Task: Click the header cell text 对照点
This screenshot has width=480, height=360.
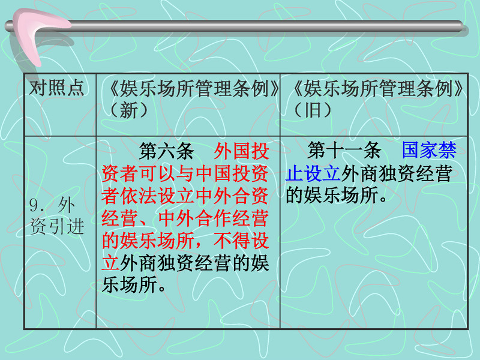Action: (56, 88)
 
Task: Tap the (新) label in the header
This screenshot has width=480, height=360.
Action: (128, 110)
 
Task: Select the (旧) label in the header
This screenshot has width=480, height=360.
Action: (313, 110)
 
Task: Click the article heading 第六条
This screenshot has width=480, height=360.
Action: (167, 151)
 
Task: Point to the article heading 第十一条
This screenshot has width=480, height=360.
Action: (344, 151)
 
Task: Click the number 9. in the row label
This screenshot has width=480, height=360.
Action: (37, 205)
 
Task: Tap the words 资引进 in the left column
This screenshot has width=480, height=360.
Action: (57, 227)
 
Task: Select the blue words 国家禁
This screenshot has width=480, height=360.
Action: (429, 151)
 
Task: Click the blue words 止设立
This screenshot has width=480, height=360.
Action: (313, 173)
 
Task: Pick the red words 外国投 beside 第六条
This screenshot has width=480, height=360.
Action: (242, 151)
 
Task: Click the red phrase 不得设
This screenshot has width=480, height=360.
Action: (242, 241)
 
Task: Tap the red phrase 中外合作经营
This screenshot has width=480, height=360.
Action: (214, 218)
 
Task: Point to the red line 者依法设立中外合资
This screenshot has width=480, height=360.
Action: (185, 196)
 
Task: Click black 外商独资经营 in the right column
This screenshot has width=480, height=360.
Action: (397, 173)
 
